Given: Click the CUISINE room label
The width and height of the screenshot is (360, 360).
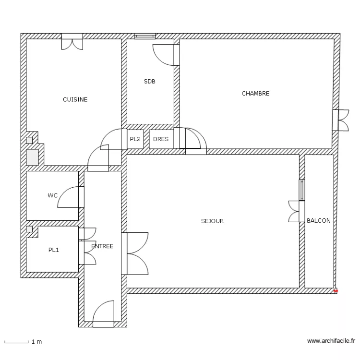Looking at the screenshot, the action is pyautogui.click(x=75, y=99).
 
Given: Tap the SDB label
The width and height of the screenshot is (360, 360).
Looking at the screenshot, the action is pyautogui.click(x=149, y=81).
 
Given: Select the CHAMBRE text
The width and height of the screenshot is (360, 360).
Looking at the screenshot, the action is pyautogui.click(x=255, y=93).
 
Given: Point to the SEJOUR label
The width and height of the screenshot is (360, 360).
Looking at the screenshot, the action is pyautogui.click(x=212, y=221).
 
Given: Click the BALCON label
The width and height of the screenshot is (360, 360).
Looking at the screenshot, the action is pyautogui.click(x=319, y=220).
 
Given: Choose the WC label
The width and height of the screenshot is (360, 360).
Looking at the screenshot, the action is pyautogui.click(x=52, y=195).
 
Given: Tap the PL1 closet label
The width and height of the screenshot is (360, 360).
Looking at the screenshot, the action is pyautogui.click(x=53, y=250).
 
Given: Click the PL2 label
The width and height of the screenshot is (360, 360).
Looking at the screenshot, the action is pyautogui.click(x=135, y=139).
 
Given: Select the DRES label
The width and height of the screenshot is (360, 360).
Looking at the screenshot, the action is pyautogui.click(x=161, y=139).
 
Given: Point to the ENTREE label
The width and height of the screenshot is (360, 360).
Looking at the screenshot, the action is pyautogui.click(x=102, y=246).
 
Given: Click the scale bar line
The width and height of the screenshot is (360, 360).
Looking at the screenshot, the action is pyautogui.click(x=16, y=343).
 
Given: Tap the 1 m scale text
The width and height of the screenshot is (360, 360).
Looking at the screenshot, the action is pyautogui.click(x=37, y=342).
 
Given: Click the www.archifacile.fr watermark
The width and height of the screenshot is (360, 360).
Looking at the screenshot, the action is pyautogui.click(x=331, y=341).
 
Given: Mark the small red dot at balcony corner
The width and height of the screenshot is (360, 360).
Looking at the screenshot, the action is pyautogui.click(x=336, y=291).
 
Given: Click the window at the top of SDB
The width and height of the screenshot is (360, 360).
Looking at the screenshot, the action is pyautogui.click(x=144, y=36).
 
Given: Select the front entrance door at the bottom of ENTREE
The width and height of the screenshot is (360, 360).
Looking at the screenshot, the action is pyautogui.click(x=103, y=314).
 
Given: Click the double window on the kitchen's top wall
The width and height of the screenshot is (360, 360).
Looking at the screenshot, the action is pyautogui.click(x=72, y=42).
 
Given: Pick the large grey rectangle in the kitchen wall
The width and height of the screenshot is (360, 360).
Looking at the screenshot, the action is pyautogui.click(x=32, y=157).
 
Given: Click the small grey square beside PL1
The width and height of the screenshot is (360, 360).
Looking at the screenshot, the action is pyautogui.click(x=29, y=229).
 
